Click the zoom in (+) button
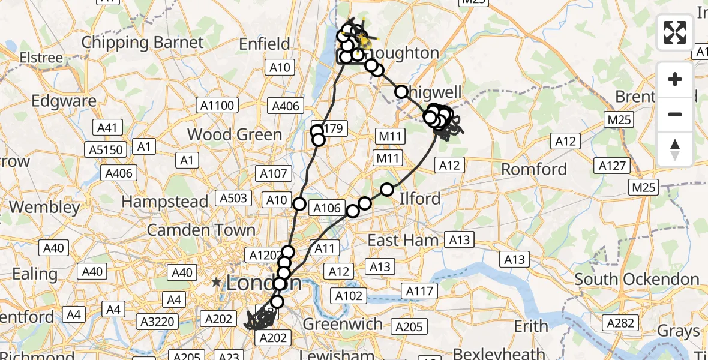[675, 79]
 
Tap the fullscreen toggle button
[675, 32]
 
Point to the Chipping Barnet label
[143, 43]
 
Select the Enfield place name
[264, 44]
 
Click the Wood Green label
[235, 134]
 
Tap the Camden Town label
[201, 230]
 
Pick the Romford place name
[534, 169]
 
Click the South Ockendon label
[637, 279]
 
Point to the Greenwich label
[343, 325]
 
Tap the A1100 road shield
[218, 106]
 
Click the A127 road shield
[612, 166]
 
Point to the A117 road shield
[419, 291]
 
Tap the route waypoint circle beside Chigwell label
[401, 92]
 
